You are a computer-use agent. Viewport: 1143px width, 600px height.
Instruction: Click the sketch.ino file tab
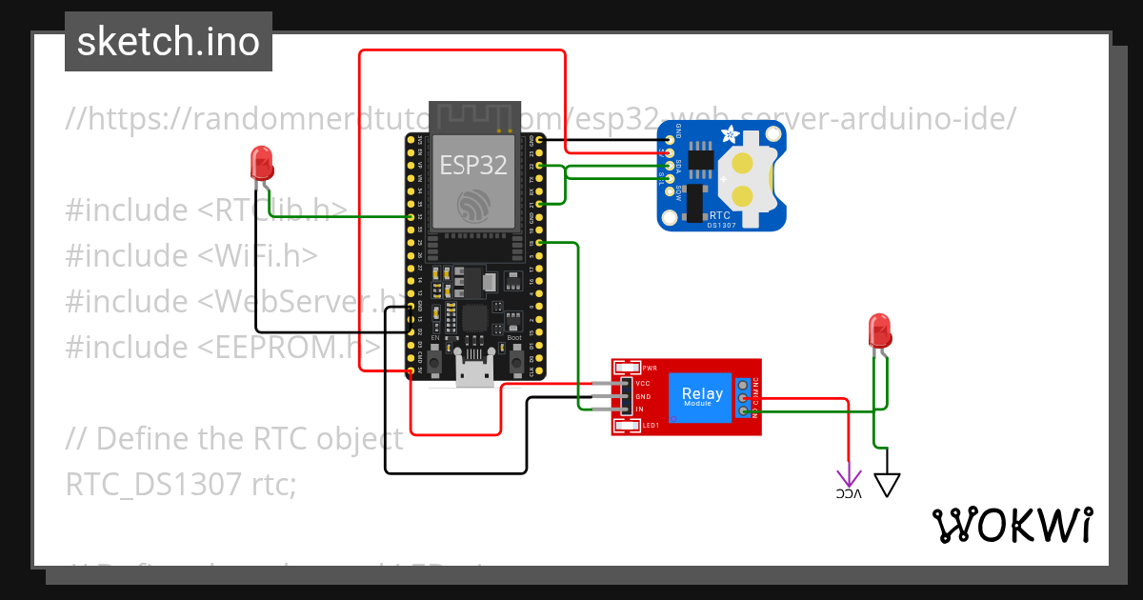(x=168, y=42)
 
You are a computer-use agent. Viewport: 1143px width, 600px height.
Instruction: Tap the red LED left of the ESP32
(x=261, y=164)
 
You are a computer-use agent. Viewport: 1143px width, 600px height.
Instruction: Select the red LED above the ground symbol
(x=879, y=330)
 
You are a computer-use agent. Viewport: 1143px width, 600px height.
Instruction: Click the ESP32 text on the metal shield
(x=472, y=164)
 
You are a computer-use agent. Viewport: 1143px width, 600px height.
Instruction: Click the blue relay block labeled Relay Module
(x=701, y=396)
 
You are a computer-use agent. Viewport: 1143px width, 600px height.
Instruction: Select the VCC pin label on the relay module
(x=643, y=383)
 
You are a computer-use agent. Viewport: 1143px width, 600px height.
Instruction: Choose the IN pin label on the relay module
(x=640, y=410)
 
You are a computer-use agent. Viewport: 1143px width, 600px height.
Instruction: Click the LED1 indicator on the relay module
(x=629, y=426)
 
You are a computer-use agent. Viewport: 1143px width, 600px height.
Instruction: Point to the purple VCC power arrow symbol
(x=848, y=479)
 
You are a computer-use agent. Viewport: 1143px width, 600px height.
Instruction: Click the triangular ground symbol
(x=887, y=485)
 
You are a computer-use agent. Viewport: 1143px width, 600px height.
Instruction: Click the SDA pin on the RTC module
(x=670, y=166)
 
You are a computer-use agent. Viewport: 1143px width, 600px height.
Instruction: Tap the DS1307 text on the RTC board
(x=719, y=226)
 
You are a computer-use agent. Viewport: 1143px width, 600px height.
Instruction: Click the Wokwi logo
(x=1012, y=525)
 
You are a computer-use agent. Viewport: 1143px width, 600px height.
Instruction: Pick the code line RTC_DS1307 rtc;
(x=181, y=485)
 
